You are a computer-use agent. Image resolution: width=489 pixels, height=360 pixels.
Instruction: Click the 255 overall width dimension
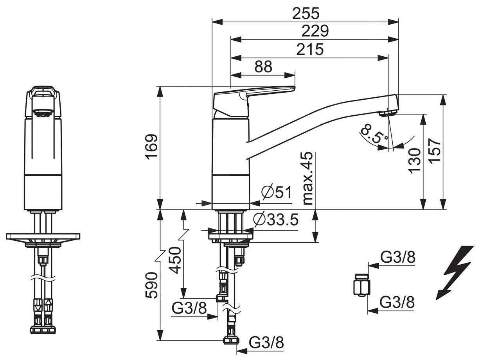306,13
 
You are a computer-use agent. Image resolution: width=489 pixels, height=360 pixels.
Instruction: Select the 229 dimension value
315,31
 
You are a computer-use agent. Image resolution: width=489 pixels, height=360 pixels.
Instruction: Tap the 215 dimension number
310,49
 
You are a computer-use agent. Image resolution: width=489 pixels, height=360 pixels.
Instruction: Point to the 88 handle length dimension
263,67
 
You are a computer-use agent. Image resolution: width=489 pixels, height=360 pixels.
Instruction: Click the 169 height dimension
151,146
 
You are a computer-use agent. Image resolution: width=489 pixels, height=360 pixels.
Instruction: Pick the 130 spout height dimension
415,160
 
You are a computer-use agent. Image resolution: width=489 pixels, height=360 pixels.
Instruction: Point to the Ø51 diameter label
276,192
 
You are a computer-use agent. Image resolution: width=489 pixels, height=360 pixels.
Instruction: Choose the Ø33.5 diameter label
276,220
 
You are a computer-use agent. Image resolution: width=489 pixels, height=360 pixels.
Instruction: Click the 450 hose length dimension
175,260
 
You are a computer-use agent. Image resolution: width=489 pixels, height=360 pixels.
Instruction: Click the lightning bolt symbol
456,272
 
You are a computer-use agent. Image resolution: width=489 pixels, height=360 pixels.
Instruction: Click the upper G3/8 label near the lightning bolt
397,258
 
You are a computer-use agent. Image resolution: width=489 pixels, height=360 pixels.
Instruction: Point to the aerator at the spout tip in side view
388,114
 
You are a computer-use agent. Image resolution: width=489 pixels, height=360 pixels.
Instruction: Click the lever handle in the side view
254,94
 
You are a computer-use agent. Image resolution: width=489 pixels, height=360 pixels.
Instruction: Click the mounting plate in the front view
43,237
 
